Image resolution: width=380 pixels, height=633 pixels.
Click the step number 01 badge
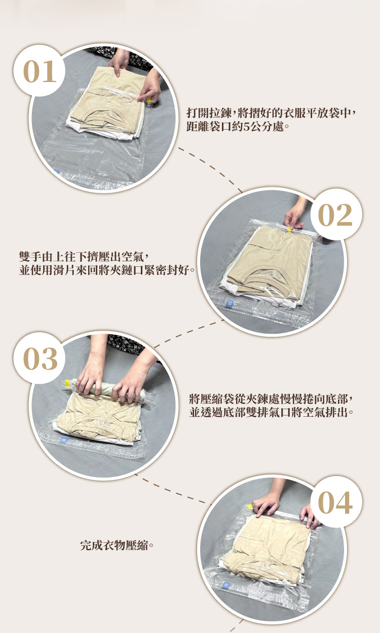click(40, 71)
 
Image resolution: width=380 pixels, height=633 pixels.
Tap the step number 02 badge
click(336, 215)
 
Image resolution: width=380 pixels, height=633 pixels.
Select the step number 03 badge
click(40, 358)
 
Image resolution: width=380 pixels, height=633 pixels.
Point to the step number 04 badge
click(336, 502)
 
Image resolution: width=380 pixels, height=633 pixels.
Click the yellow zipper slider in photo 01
click(149, 100)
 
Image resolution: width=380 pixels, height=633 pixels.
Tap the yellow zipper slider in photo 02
click(289, 229)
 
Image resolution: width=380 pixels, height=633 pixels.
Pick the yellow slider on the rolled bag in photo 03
click(67, 383)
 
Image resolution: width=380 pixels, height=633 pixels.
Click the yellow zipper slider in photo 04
click(250, 506)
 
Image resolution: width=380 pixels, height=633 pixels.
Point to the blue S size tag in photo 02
click(230, 303)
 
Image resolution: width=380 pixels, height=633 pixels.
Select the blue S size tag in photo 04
click(226, 585)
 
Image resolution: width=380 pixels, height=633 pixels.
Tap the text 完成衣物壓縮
click(114, 545)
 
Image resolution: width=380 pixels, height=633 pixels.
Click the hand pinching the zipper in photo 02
click(295, 212)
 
